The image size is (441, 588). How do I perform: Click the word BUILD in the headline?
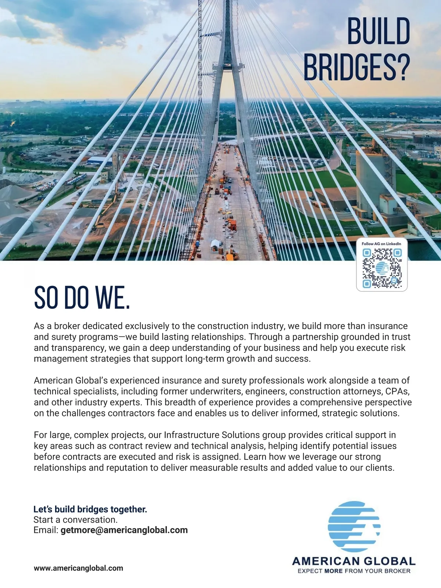click(x=379, y=31)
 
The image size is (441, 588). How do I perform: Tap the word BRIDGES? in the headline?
click(x=356, y=68)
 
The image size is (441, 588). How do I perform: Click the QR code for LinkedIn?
click(x=382, y=268)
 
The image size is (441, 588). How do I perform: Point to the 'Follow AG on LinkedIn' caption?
click(x=381, y=244)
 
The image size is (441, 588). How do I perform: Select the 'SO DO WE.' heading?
click(x=82, y=298)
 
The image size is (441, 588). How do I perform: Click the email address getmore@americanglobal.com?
click(x=124, y=530)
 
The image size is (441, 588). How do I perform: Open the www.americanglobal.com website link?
click(x=78, y=568)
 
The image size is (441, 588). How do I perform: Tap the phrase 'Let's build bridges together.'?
click(x=90, y=509)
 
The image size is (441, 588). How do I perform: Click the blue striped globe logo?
click(x=354, y=526)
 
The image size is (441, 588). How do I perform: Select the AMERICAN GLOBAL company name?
click(x=354, y=561)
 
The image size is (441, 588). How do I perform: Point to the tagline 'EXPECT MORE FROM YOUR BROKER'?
click(x=354, y=571)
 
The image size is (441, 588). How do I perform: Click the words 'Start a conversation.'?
click(x=75, y=520)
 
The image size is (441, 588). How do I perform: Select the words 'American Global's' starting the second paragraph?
click(x=70, y=380)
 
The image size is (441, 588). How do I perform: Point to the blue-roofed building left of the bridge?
click(x=99, y=161)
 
